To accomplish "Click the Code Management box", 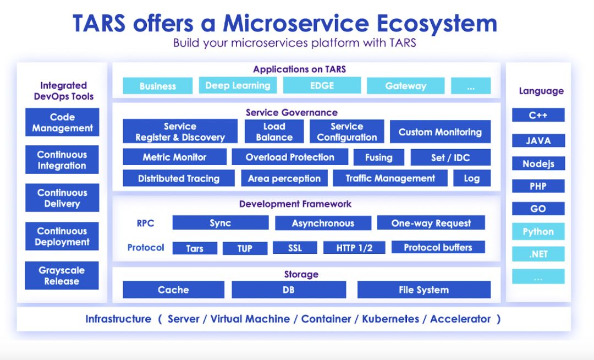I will (62, 122).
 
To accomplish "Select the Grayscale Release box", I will (62, 276).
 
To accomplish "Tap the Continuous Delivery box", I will (62, 198).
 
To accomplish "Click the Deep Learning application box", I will (238, 85).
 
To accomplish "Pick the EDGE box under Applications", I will (322, 85).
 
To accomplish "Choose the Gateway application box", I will (405, 86).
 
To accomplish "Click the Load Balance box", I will (274, 132).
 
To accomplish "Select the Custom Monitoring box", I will (440, 132).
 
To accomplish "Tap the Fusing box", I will (378, 157).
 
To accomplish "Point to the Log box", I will (471, 178).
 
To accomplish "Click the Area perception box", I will (284, 178).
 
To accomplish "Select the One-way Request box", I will (431, 223).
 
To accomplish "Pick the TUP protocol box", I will (245, 248).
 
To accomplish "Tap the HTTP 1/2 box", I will (354, 248).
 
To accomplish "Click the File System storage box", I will (424, 290).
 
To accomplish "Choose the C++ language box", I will (538, 115).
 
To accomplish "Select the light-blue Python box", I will (538, 231).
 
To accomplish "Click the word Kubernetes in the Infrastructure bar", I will (390, 319).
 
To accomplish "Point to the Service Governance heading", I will (291, 112).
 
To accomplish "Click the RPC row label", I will (145, 223).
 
